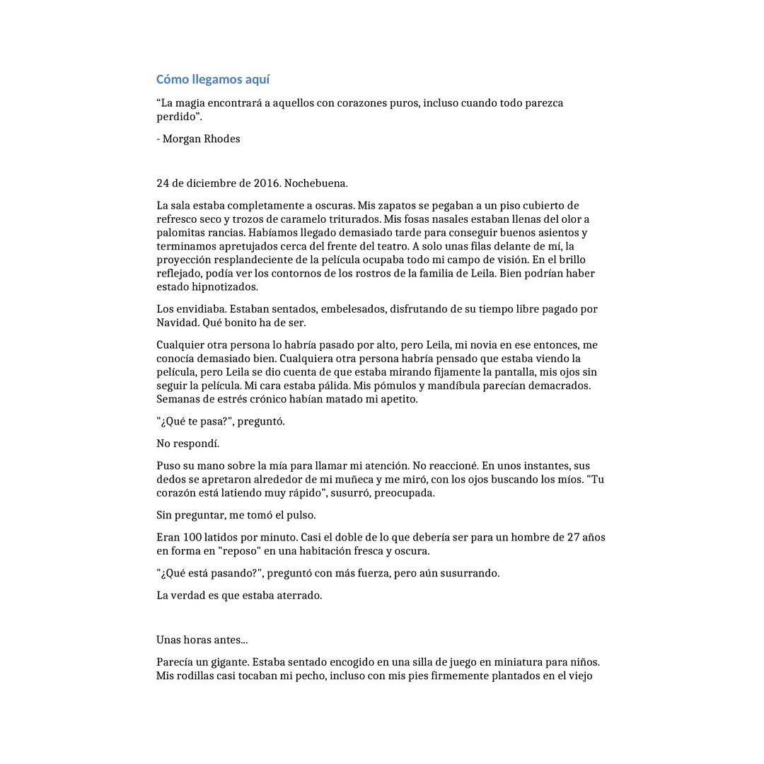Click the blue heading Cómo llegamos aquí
pos(213,79)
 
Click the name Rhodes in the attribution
pos(222,139)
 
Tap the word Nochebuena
pos(316,183)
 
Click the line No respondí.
pos(188,444)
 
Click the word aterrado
pos(299,596)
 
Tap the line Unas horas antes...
pos(202,640)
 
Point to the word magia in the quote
pos(190,103)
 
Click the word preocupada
pos(409,493)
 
